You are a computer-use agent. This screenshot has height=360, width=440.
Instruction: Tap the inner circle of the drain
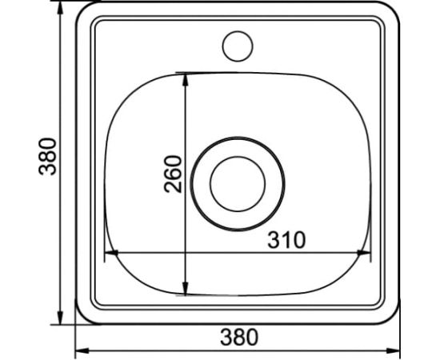click(238, 157)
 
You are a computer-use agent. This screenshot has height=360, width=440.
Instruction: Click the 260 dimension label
click(173, 174)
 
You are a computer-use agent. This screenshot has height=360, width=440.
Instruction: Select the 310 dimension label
click(286, 240)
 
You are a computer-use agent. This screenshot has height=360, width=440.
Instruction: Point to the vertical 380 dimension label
click(47, 156)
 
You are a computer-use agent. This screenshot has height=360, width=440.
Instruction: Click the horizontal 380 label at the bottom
click(239, 338)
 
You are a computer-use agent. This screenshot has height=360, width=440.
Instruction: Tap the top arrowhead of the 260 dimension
click(186, 79)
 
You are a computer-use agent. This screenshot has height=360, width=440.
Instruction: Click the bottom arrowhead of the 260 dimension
click(186, 289)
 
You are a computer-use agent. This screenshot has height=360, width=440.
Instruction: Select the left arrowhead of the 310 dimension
click(111, 253)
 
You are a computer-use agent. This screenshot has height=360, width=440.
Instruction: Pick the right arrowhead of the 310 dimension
click(364, 253)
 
